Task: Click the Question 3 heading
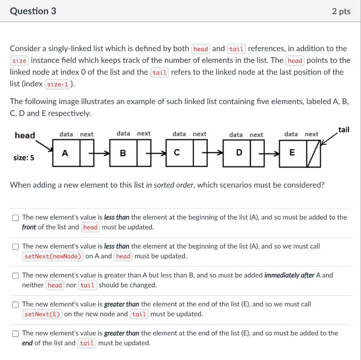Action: (x=33, y=11)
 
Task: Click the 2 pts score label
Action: (x=341, y=11)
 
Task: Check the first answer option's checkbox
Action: (x=16, y=218)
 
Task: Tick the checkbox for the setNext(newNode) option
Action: (x=16, y=246)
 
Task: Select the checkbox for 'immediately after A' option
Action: (x=16, y=275)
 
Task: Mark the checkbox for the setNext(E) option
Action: (x=16, y=304)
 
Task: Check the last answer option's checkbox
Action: (x=16, y=333)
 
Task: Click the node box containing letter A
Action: (x=66, y=153)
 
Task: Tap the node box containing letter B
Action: (x=123, y=153)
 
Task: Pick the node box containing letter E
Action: (x=292, y=153)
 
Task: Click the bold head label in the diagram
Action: (x=25, y=135)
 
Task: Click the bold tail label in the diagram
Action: (x=343, y=130)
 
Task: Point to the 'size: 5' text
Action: (x=24, y=158)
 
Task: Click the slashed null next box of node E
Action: (x=313, y=153)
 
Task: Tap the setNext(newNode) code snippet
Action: (x=53, y=256)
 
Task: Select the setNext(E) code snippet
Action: (x=42, y=314)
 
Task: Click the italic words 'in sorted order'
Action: (x=170, y=185)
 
